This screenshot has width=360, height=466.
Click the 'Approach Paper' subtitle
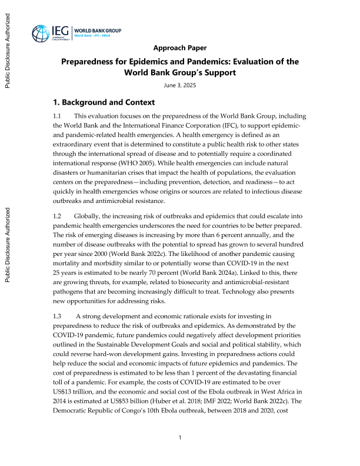179,48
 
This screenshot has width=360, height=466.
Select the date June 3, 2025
179,86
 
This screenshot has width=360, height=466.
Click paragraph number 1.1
57,117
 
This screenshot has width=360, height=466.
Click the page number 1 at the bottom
179,437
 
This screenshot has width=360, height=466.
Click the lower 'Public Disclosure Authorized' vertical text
8,244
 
